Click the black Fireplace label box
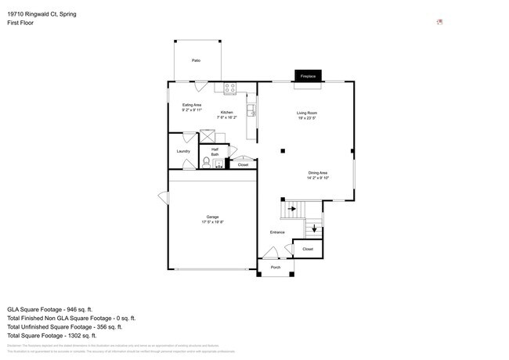coord(307,76)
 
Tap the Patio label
coord(195,60)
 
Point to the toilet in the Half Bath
coord(207,162)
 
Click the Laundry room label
coord(183,151)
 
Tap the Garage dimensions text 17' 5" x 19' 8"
coord(212,222)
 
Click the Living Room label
coord(306,113)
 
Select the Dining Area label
coord(317,173)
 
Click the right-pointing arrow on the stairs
coord(293,208)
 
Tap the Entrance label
coord(277,232)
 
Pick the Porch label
coord(276,268)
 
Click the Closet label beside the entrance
coord(308,249)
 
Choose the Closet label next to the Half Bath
coord(243,165)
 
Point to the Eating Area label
coord(192,105)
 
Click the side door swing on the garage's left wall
coord(163,196)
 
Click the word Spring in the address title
coord(77,13)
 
